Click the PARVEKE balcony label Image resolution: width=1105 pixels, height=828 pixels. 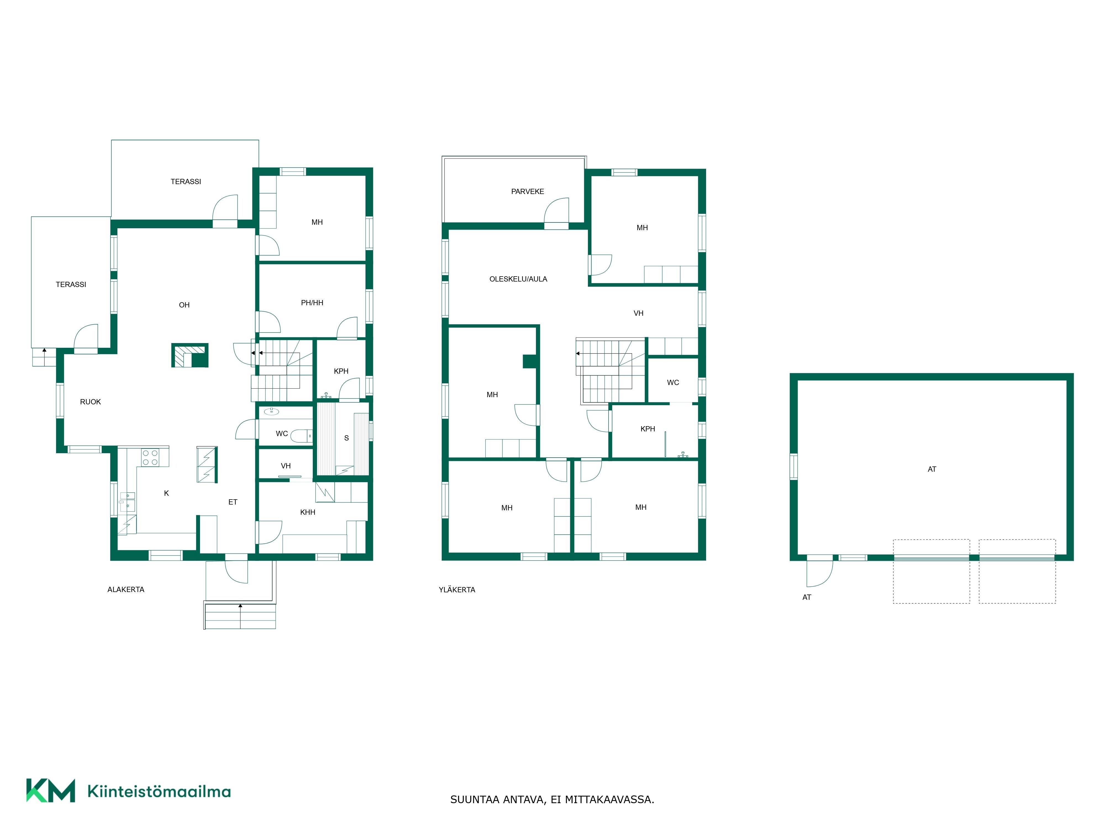click(528, 192)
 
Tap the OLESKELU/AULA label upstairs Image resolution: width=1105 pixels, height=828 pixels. click(518, 279)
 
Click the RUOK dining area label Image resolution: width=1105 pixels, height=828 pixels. click(90, 402)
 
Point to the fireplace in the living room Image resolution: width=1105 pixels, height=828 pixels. click(190, 355)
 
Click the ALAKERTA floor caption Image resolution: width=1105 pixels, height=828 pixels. click(126, 590)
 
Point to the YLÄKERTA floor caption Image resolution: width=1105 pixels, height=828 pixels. click(457, 590)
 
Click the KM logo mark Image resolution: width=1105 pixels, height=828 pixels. click(51, 790)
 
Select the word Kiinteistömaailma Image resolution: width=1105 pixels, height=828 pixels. click(159, 792)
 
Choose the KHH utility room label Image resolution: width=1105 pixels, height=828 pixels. click(308, 512)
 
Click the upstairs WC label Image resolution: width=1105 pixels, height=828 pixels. click(673, 383)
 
